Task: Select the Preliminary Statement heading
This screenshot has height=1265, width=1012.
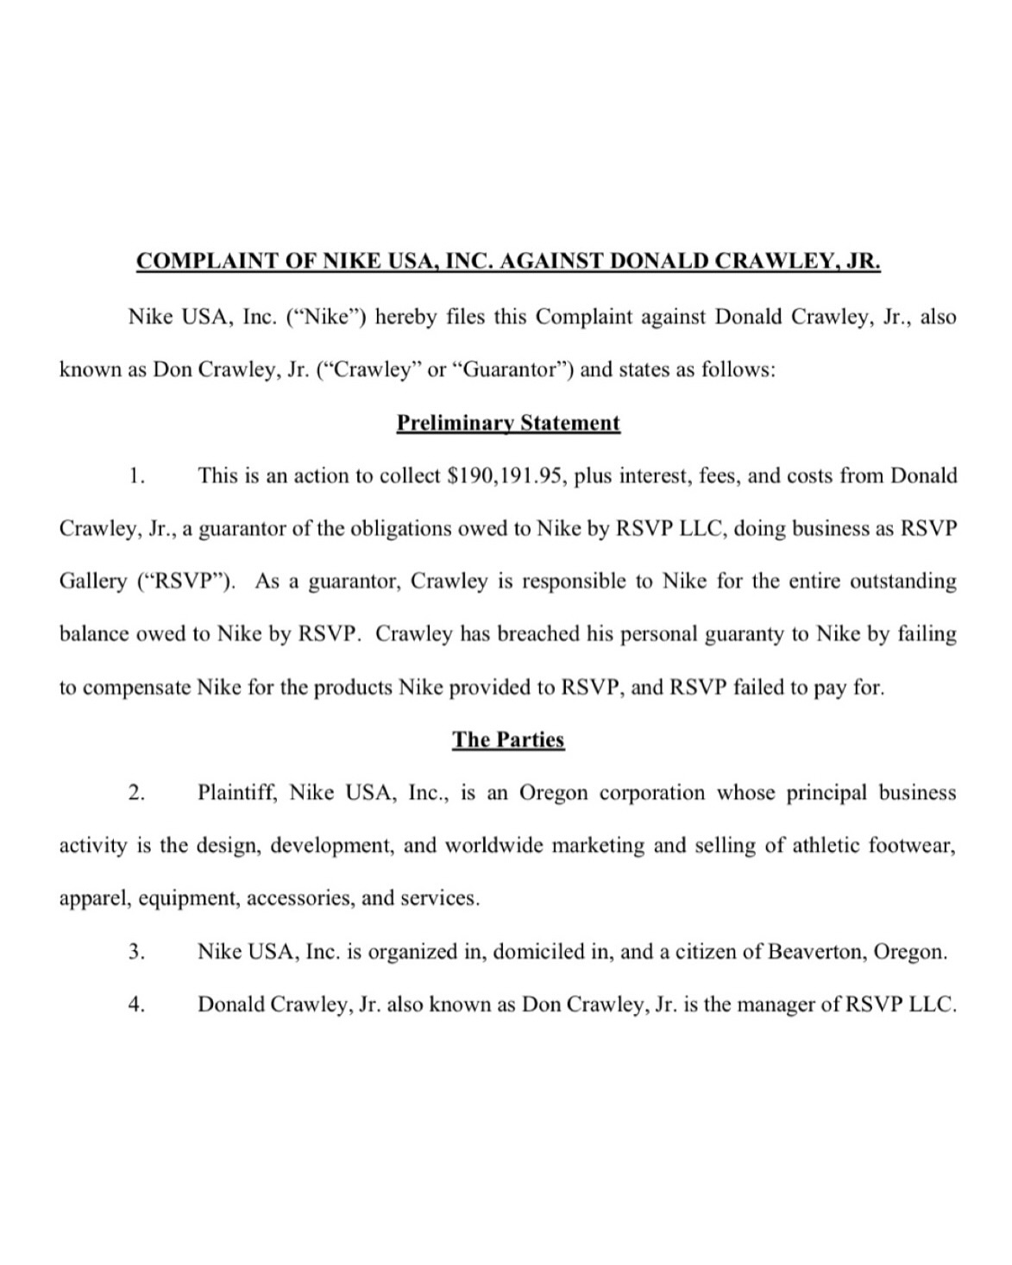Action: coord(508,423)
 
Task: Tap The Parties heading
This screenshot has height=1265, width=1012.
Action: coord(508,739)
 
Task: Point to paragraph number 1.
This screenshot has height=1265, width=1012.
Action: coord(135,475)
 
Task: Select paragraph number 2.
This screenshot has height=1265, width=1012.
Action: coord(135,792)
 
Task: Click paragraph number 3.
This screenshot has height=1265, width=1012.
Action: coord(135,952)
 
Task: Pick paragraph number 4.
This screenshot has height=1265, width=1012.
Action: coord(135,1004)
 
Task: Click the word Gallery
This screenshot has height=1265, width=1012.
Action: coord(92,582)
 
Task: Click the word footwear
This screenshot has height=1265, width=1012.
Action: coord(913,845)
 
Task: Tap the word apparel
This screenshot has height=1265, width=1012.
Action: coord(93,899)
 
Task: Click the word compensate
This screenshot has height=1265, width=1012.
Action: coord(139,688)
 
